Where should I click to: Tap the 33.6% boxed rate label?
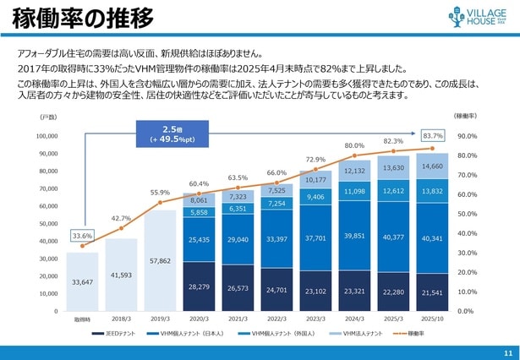82,236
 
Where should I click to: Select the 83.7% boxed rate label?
433,135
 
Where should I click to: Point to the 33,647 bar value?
82,282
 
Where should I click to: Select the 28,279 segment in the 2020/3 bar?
199,286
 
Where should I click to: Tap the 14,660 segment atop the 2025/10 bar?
432,166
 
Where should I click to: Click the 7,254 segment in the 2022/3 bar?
276,204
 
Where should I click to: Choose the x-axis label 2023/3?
315,319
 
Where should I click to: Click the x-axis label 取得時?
82,319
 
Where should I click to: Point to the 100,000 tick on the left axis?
47,136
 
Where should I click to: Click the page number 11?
507,352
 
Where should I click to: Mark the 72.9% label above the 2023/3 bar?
315,159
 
